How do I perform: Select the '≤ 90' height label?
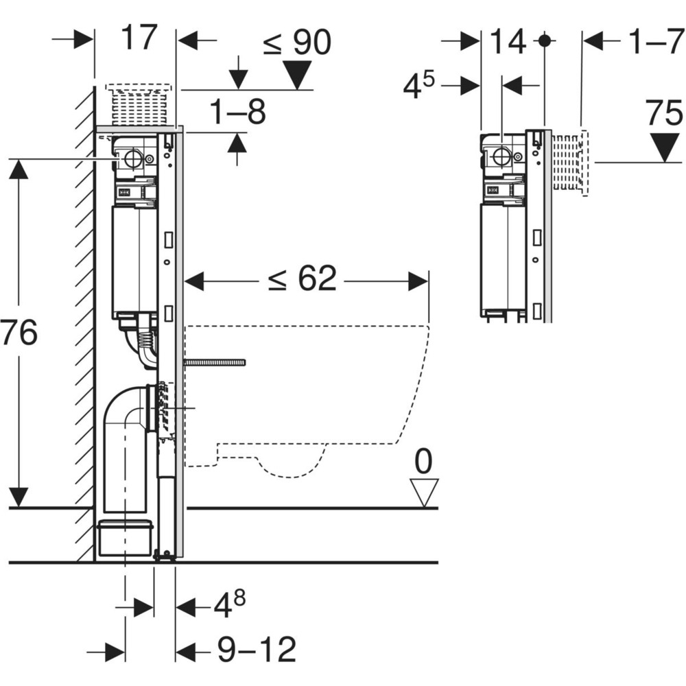[297, 43]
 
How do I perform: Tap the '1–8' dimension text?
[237, 112]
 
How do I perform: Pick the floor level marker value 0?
[423, 462]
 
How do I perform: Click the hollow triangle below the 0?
[424, 493]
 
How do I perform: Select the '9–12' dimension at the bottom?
[257, 650]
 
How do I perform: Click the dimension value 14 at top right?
[508, 42]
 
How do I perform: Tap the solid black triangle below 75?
[664, 147]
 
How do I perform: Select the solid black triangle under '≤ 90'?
[297, 74]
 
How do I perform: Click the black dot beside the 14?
[544, 40]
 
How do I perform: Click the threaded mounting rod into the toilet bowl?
[214, 362]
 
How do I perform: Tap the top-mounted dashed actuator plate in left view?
[139, 105]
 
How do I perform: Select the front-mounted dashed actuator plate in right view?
[570, 163]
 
